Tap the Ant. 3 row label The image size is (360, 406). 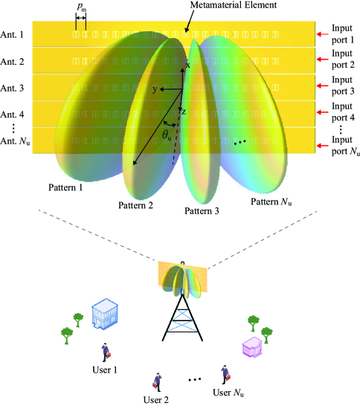tap(14, 88)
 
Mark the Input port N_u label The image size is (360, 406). tap(344, 146)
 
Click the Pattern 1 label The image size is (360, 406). tap(66, 187)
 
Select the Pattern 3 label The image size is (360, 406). tap(203, 211)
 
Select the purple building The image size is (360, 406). tap(252, 347)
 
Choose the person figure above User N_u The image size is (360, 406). tap(223, 374)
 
